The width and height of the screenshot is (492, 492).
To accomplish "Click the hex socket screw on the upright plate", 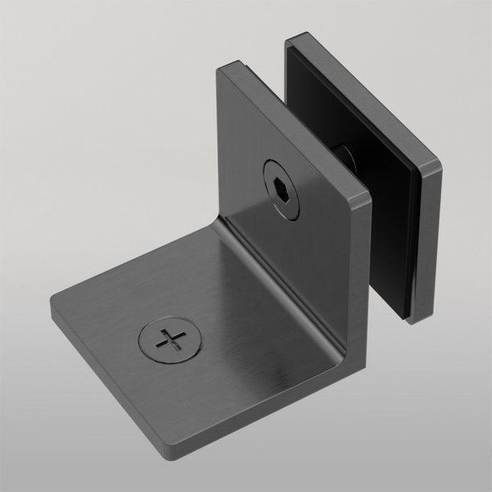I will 280,189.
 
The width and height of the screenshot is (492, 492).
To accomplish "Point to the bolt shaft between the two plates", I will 342,155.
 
